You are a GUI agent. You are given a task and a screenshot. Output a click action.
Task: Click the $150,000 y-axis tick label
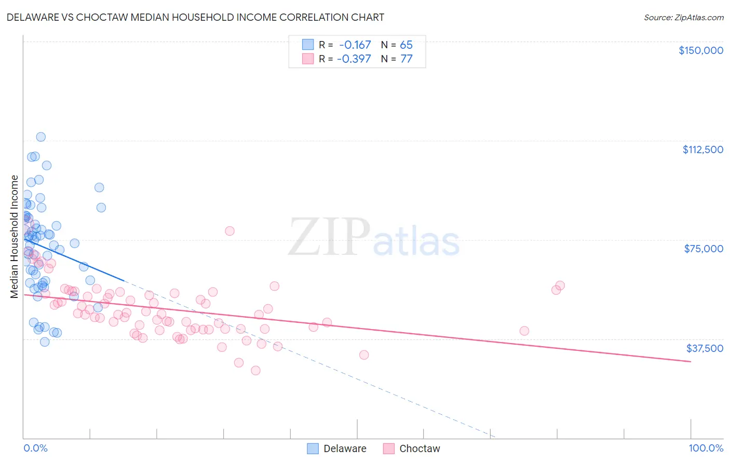(700, 50)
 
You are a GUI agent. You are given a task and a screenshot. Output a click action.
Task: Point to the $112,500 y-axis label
(702, 149)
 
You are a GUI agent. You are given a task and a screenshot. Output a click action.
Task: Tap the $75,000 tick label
(704, 249)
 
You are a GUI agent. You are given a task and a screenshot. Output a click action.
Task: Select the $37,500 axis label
(705, 348)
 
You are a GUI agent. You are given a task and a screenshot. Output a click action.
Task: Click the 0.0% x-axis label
(35, 448)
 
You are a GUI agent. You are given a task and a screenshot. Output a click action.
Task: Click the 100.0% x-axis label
(706, 448)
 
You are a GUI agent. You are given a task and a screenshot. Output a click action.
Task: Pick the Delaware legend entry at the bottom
(337, 448)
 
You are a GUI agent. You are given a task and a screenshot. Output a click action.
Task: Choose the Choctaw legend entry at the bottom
(412, 448)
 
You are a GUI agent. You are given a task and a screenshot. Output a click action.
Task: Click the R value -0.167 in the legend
(355, 45)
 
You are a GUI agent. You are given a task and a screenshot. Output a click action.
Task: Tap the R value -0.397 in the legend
(354, 59)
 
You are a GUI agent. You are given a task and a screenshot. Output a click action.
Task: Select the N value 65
(406, 45)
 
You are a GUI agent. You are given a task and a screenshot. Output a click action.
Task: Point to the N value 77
(406, 59)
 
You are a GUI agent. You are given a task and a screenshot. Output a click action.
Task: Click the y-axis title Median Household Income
(15, 237)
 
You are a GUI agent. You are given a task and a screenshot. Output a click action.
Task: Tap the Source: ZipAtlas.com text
(683, 18)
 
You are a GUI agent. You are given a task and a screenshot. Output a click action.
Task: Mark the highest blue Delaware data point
(40, 137)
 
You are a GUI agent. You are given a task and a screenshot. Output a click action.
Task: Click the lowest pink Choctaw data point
(255, 371)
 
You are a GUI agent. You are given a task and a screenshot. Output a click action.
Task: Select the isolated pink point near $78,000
(229, 231)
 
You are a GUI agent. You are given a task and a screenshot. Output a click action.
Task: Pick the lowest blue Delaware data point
(45, 342)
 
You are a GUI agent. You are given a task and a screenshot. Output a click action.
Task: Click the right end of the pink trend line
(691, 361)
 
